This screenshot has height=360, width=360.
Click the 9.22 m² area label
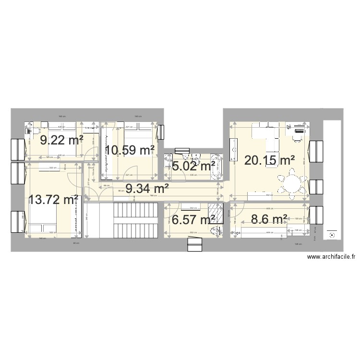pyautogui.click(x=61, y=140)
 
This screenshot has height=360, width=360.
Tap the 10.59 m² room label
pyautogui.click(x=130, y=150)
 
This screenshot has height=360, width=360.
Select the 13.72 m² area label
pyautogui.click(x=53, y=199)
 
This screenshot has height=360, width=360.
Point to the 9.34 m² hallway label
pyautogui.click(x=147, y=189)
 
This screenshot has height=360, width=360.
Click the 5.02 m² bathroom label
pyautogui.click(x=193, y=167)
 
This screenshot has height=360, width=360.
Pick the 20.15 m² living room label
pyautogui.click(x=269, y=160)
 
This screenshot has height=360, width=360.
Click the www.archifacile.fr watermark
pyautogui.click(x=331, y=257)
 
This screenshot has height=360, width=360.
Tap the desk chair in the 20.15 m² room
pyautogui.click(x=296, y=135)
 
